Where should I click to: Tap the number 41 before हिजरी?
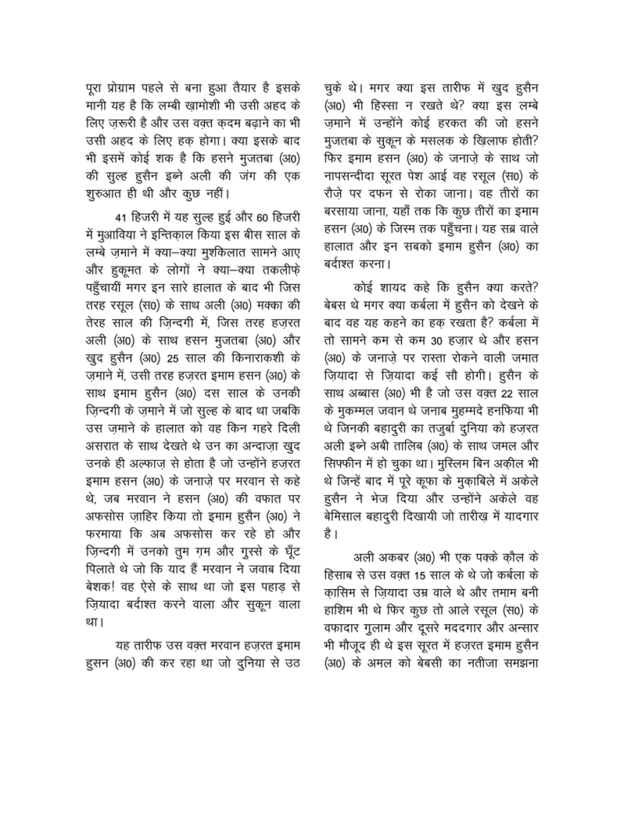(x=121, y=218)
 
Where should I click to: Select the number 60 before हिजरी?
(x=263, y=218)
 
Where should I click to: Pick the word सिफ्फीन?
(x=342, y=464)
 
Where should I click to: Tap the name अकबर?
(x=393, y=558)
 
